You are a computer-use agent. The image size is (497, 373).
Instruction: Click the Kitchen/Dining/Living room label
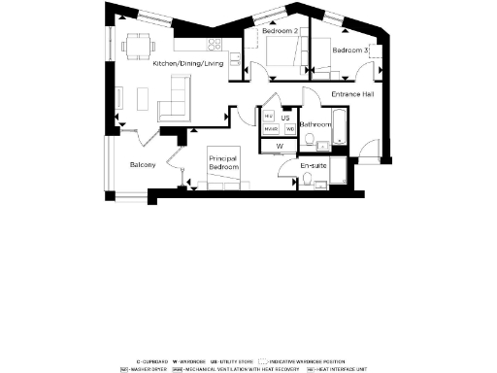tap(188, 63)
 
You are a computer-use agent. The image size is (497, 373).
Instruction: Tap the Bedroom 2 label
tap(280, 31)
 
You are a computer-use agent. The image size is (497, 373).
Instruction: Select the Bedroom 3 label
tap(349, 50)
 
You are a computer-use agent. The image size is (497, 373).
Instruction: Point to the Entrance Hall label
tap(353, 94)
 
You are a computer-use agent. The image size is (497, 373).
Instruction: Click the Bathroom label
tap(315, 124)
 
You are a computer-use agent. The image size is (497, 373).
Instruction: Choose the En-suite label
tap(313, 166)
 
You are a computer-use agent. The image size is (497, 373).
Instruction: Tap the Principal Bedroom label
tap(224, 162)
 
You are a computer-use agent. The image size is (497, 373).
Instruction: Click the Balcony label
tap(144, 164)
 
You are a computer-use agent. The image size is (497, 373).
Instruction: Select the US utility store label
tap(285, 117)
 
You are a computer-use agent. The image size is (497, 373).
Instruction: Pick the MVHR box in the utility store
tap(271, 129)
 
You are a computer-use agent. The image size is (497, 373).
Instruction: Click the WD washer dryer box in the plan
tap(289, 129)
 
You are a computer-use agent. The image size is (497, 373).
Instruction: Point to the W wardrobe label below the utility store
tap(279, 147)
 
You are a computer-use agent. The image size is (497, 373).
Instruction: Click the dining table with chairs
tap(138, 45)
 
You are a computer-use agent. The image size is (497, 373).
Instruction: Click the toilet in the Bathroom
tap(310, 140)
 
